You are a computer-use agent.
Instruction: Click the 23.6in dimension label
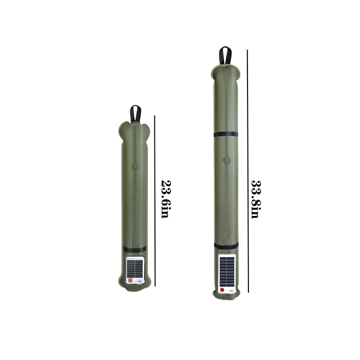[x=166, y=199]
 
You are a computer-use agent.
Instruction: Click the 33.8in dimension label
[x=256, y=199]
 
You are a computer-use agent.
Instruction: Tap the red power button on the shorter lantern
[x=130, y=280]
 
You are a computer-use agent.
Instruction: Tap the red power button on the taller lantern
[x=222, y=289]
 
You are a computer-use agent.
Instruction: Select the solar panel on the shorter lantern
[x=135, y=268]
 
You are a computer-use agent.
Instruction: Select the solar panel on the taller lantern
[x=227, y=271]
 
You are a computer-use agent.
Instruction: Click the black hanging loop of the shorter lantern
[x=135, y=114]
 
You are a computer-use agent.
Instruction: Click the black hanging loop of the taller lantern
[x=225, y=55]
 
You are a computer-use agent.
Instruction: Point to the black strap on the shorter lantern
[x=134, y=249]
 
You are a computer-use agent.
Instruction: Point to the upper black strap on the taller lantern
[x=225, y=134]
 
